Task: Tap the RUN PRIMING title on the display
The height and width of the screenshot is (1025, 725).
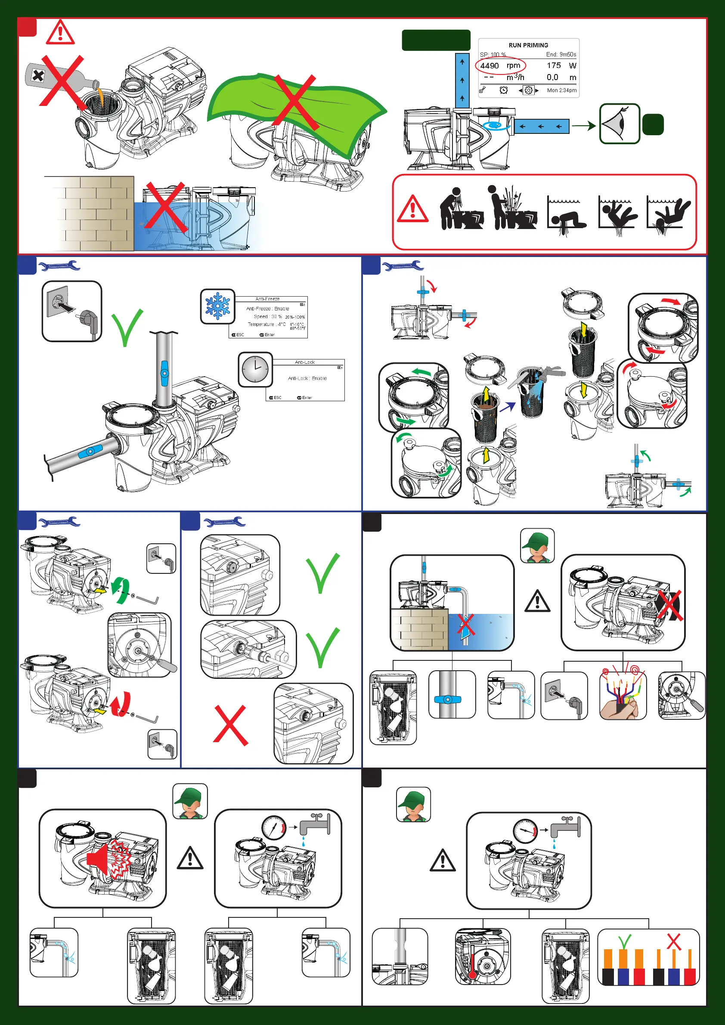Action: (528, 45)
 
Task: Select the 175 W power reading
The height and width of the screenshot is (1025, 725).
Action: (561, 65)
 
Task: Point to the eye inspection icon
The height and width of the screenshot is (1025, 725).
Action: (619, 124)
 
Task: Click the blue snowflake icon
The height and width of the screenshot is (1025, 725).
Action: (217, 306)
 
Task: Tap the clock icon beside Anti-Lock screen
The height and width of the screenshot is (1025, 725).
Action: (255, 369)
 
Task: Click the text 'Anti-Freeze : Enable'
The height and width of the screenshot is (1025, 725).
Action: (267, 309)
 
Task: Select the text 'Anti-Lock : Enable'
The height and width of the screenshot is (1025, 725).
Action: (307, 378)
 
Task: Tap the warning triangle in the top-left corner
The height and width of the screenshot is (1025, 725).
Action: (60, 33)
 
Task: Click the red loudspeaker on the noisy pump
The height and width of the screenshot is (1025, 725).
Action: (99, 857)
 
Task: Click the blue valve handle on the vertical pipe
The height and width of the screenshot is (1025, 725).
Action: (164, 373)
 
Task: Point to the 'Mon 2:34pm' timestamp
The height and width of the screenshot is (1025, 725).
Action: (561, 90)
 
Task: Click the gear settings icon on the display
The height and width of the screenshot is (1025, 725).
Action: (528, 90)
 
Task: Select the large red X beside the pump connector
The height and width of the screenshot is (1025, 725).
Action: (230, 725)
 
